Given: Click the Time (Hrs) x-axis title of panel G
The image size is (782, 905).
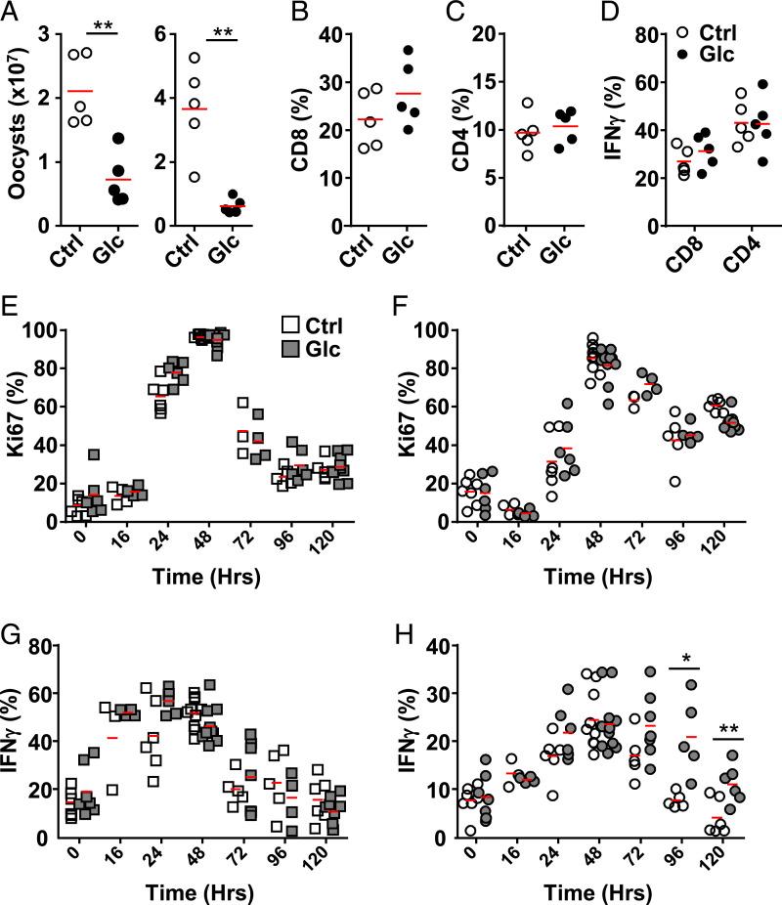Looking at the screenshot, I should click(x=203, y=891).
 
